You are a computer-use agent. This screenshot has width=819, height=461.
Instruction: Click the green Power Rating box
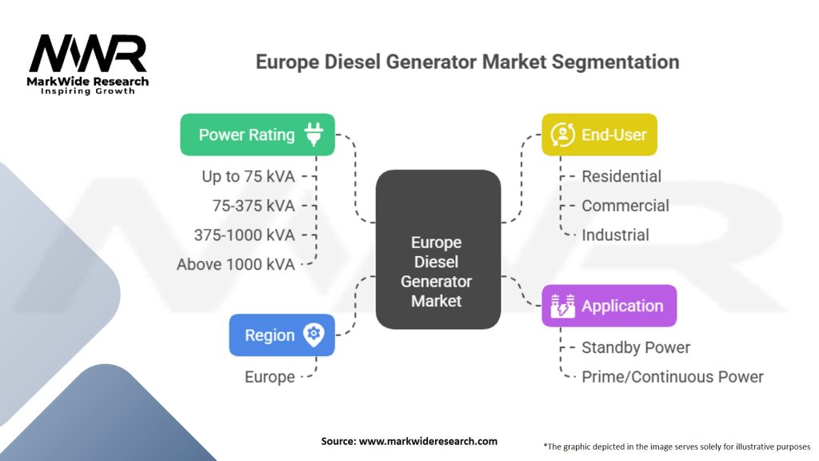[x=258, y=134]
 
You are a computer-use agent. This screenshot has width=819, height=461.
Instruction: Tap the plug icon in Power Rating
[x=314, y=134]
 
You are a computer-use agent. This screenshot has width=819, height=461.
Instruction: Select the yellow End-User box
[x=599, y=134]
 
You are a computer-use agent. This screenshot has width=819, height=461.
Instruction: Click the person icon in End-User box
[x=562, y=134]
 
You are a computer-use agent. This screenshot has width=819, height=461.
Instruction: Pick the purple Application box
[x=609, y=306]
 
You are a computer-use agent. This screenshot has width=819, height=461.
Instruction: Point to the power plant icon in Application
[x=562, y=306]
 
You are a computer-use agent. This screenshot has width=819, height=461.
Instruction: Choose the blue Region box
[x=282, y=335]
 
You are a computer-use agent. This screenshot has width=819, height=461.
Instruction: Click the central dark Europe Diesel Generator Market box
[x=438, y=250]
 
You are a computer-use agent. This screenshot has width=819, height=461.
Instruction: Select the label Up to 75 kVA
[x=248, y=177]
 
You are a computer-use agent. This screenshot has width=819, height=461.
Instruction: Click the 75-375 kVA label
[x=254, y=206]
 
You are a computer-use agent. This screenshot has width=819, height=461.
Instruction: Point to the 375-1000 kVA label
[x=245, y=235]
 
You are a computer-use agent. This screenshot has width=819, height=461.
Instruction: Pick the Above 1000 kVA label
[x=236, y=264]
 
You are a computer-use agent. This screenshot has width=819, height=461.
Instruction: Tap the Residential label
[x=621, y=177]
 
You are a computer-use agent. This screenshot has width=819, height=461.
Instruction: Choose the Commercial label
[x=625, y=206]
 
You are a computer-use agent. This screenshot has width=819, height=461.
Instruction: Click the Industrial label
[x=615, y=235]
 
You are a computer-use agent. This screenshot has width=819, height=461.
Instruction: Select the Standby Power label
[x=636, y=347]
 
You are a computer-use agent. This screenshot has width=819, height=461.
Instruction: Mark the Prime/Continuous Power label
[x=673, y=377]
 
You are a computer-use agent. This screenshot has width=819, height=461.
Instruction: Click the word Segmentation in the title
[x=615, y=62]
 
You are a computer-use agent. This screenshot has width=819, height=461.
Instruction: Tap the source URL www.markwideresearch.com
[x=428, y=441]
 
